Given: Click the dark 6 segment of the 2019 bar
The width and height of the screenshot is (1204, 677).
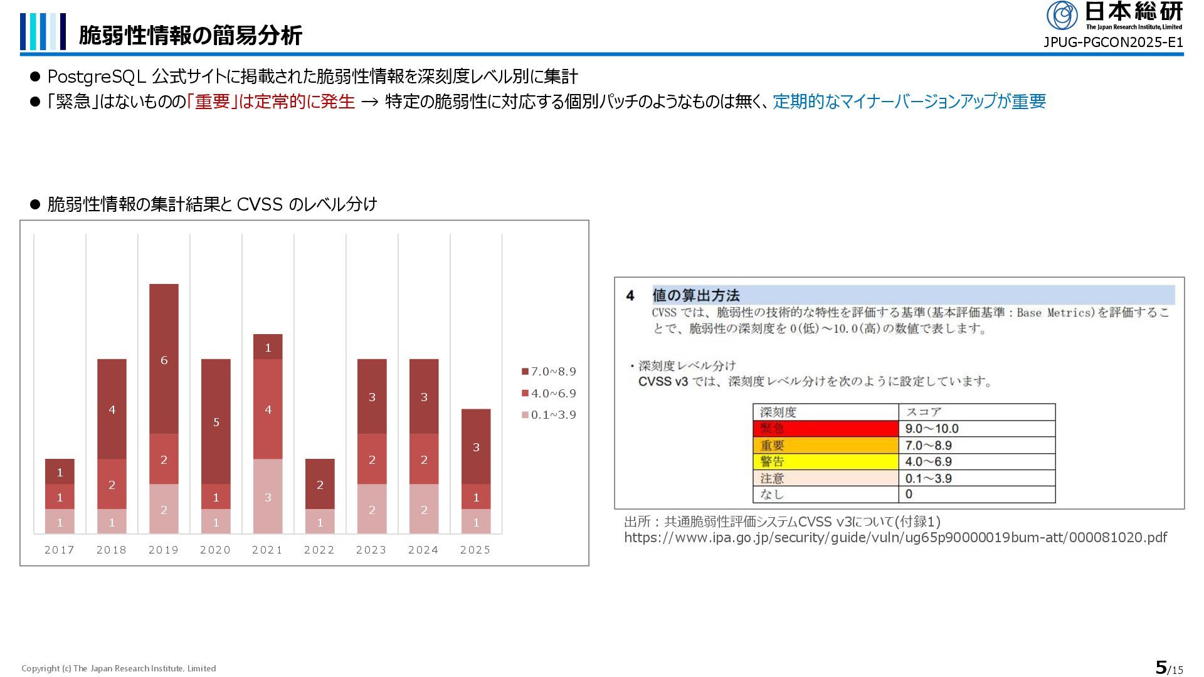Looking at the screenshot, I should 164,359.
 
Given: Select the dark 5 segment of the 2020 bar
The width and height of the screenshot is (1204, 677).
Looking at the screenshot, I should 216,421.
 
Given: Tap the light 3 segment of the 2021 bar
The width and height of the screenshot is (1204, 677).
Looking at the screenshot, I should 268,496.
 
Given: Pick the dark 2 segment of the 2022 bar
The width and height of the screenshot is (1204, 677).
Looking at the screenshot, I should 320,484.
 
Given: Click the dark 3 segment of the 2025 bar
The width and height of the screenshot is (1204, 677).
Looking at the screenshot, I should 476,446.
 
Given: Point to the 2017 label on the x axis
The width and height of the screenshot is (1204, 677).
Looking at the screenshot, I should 60,550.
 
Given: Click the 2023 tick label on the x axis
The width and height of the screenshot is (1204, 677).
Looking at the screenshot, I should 371,550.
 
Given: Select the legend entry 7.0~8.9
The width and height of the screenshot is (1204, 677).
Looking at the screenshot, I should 549,372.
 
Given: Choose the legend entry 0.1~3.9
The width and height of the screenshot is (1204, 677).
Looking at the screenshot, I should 549,415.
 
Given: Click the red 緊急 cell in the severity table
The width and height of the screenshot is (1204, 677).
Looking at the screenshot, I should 825,429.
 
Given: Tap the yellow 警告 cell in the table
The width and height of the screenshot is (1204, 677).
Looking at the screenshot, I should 825,461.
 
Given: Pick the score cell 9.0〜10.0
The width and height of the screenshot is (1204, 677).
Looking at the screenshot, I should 976,429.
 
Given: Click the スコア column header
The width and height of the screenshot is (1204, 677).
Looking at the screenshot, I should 976,412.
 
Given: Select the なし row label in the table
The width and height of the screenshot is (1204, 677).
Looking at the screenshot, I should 825,495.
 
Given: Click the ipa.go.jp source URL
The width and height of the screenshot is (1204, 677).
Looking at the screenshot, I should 895,537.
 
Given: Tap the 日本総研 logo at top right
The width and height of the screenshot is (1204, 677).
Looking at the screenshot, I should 1114,15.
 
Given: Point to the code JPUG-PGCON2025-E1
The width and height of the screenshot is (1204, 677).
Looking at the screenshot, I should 1112,43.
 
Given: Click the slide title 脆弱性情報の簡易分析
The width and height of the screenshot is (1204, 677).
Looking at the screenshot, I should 191,35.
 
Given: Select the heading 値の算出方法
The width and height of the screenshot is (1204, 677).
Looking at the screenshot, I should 696,295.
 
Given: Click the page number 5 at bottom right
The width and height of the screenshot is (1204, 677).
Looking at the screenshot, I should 1161,667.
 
